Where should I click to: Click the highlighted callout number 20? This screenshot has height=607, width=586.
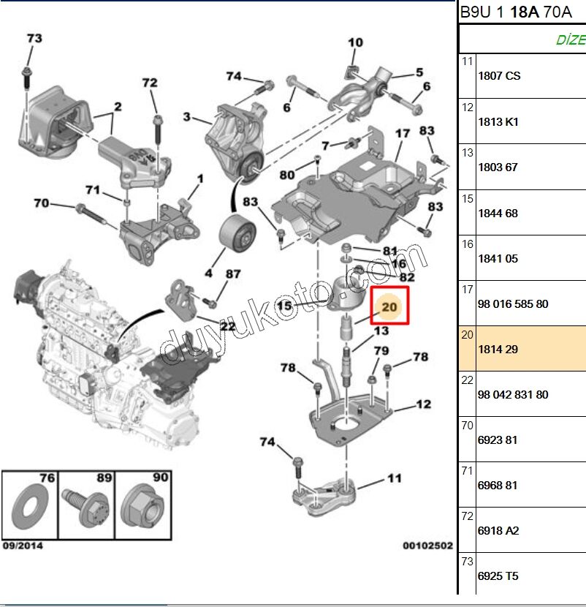click(x=389, y=306)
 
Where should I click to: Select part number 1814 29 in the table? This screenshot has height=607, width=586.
click(x=498, y=350)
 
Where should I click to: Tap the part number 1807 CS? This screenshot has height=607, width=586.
click(x=499, y=76)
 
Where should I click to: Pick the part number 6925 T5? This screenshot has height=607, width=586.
click(x=498, y=576)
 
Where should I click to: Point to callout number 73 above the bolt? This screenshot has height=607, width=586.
click(x=34, y=38)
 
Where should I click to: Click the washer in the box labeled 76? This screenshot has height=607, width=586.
click(x=28, y=505)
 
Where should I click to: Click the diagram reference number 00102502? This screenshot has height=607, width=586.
click(x=427, y=546)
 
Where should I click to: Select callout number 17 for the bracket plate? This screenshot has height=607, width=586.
click(x=403, y=134)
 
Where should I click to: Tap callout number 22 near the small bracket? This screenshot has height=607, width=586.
click(x=227, y=326)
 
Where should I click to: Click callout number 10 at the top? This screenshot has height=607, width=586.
click(x=355, y=42)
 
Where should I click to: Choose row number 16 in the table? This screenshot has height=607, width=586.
click(x=468, y=244)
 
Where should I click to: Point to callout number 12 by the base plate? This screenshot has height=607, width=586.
click(x=423, y=404)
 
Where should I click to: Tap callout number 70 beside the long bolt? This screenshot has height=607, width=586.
click(x=41, y=203)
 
